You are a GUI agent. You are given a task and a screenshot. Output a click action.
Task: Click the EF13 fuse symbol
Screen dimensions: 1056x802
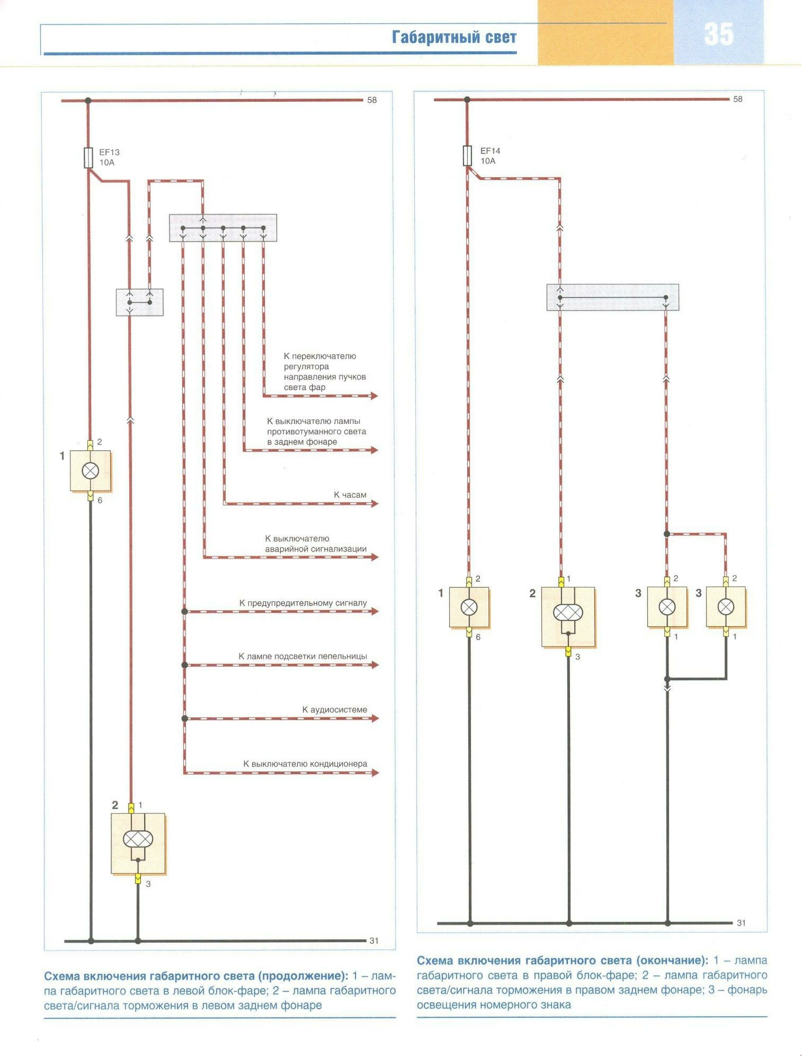coord(88,158)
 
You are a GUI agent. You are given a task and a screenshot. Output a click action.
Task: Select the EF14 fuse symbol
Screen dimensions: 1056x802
coord(467,156)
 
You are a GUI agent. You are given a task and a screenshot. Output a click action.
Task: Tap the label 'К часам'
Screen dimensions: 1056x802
coord(350,495)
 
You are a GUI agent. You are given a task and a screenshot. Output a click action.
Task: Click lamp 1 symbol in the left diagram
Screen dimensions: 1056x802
coord(90,471)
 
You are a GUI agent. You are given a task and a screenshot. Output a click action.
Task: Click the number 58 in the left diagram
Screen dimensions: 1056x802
coord(372,100)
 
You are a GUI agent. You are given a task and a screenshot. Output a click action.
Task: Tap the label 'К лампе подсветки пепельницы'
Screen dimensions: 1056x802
coord(303,656)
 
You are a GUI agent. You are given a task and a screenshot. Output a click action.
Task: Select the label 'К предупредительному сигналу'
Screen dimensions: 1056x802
coord(303,603)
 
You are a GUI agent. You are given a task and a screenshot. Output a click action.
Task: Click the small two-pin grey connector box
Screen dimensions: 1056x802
coord(139,302)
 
